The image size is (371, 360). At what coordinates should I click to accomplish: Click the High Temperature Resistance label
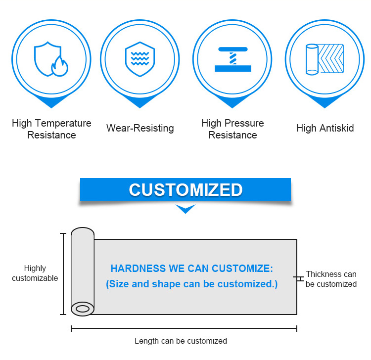tap(51, 129)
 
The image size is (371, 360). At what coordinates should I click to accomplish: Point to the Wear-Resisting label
tap(140, 129)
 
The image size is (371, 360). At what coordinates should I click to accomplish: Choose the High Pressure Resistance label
tap(232, 129)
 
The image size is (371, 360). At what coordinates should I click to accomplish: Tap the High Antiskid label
tap(325, 129)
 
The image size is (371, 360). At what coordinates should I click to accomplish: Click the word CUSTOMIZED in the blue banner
tap(185, 190)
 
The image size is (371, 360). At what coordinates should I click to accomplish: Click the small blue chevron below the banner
tap(185, 209)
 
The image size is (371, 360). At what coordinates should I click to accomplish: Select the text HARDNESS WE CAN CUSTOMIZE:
tap(191, 269)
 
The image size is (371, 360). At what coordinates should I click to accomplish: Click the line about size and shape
tap(191, 284)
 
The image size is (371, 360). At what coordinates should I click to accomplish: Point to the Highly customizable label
tap(35, 273)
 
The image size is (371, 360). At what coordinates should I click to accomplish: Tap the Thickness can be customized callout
tap(331, 279)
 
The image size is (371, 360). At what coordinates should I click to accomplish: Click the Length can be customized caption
tap(181, 341)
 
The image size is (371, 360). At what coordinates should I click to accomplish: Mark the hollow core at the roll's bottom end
tap(83, 309)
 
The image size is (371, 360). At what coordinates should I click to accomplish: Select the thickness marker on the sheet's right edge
tap(299, 279)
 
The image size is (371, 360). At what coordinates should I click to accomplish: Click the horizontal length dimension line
tap(184, 328)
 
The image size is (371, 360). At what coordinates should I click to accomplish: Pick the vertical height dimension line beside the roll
tap(63, 273)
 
